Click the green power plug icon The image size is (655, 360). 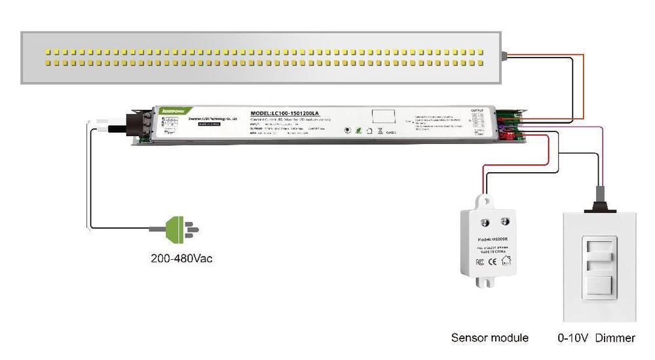click(176, 229)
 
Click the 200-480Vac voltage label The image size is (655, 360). click(181, 259)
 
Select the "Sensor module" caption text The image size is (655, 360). click(489, 338)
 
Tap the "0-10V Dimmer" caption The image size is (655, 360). click(596, 338)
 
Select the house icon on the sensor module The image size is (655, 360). click(506, 261)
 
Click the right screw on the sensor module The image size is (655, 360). click(505, 221)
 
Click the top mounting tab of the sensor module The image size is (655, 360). click(485, 200)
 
